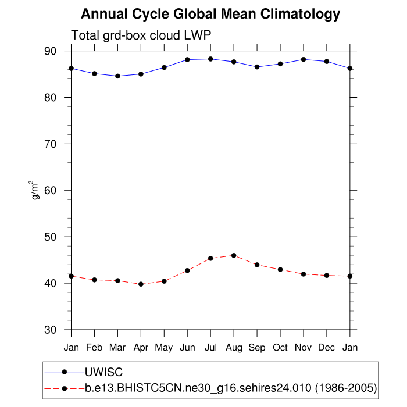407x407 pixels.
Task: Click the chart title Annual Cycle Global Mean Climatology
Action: (x=210, y=14)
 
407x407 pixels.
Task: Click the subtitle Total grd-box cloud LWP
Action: (x=140, y=35)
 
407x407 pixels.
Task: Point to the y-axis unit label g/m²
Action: (x=36, y=190)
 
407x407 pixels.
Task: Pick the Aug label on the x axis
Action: (x=234, y=348)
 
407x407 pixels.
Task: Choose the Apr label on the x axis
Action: (x=141, y=348)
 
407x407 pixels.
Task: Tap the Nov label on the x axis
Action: (x=304, y=348)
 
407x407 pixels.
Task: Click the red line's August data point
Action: (x=234, y=255)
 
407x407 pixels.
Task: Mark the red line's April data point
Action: (x=141, y=284)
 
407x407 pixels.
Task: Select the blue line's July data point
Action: (x=210, y=59)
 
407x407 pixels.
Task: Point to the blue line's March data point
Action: (x=117, y=76)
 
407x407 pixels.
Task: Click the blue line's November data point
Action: (x=304, y=59)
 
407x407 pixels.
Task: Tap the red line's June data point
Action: (x=187, y=270)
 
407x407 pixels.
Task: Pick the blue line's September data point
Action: (x=257, y=67)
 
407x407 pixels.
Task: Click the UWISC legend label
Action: (x=104, y=372)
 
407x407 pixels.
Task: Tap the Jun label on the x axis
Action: (x=187, y=348)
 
